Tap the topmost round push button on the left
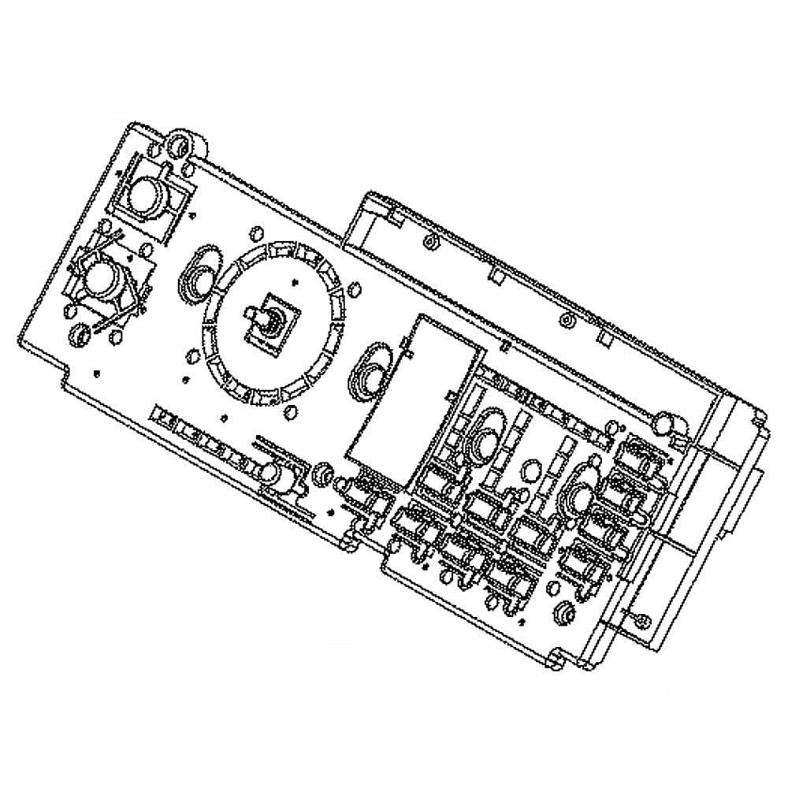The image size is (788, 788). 147,193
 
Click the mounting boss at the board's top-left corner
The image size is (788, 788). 179,146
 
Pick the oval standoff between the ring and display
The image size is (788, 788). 371,370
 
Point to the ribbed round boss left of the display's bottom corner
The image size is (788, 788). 321,472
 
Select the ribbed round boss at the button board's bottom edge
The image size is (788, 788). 563,611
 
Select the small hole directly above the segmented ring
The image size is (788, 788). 255,234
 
